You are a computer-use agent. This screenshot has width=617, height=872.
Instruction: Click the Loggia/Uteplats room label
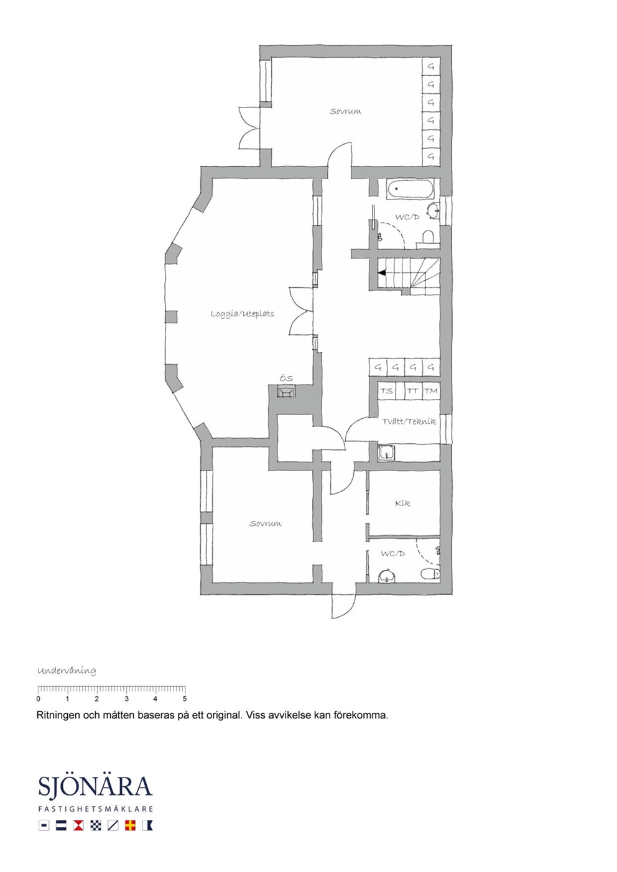click(243, 314)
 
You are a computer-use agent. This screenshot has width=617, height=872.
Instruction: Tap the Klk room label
click(402, 503)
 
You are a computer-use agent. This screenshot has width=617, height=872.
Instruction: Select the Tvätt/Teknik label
click(409, 421)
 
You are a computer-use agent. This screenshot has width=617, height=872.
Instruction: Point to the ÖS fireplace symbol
click(286, 391)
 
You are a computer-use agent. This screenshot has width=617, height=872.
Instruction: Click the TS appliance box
click(386, 391)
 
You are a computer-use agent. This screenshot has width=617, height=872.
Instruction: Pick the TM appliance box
click(431, 391)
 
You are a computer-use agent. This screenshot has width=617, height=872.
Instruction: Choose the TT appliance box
click(413, 391)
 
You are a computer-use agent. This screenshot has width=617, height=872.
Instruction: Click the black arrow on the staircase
click(382, 273)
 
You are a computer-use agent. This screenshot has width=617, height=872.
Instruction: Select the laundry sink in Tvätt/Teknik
click(386, 453)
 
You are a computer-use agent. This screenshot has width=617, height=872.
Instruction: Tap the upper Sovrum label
click(345, 111)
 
